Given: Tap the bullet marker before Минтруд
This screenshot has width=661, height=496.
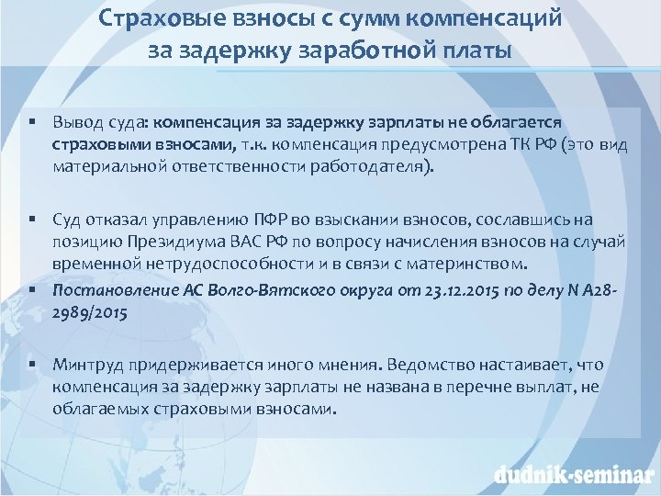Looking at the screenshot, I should tap(30, 363).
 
